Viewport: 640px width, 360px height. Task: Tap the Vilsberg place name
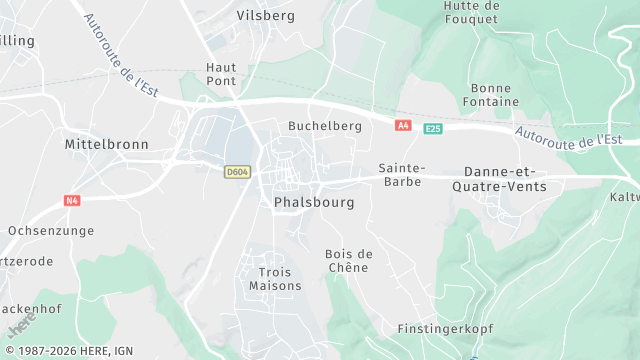(265, 15)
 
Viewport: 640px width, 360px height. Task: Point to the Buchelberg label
(324, 126)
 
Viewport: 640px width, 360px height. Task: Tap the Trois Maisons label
(275, 278)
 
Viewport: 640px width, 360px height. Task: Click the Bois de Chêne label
(348, 260)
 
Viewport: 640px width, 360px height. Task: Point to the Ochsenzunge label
(50, 230)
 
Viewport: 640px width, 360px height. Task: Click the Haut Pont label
(221, 73)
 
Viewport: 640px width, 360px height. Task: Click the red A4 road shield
(403, 126)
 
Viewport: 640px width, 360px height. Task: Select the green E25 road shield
(432, 129)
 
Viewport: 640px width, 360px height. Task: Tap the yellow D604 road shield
(237, 172)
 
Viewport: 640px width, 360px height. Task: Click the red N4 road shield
(72, 200)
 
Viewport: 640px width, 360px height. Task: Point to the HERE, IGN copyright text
(67, 351)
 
